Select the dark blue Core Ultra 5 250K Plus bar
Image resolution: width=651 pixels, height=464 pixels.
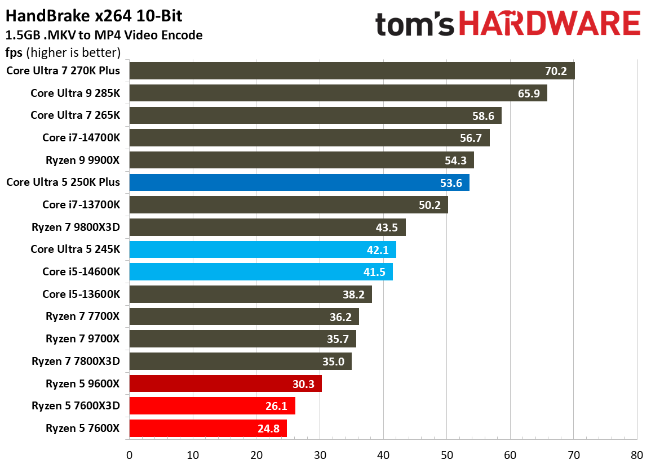click(x=299, y=182)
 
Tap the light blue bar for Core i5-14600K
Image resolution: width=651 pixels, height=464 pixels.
click(x=260, y=271)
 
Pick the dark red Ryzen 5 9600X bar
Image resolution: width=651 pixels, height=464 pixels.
click(x=225, y=383)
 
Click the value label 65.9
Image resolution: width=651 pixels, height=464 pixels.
click(x=529, y=93)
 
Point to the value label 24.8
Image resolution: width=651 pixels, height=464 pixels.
click(x=268, y=429)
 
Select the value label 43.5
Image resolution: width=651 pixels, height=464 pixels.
click(x=387, y=227)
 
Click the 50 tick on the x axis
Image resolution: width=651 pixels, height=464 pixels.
click(x=446, y=454)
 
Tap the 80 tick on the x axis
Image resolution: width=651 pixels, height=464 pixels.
click(x=637, y=454)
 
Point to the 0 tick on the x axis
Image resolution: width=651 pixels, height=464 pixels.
click(x=129, y=454)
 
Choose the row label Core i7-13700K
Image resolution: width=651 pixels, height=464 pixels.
click(x=81, y=204)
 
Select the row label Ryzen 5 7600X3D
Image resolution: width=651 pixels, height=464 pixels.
click(x=76, y=406)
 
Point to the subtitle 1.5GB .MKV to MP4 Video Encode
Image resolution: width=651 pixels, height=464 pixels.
click(x=104, y=35)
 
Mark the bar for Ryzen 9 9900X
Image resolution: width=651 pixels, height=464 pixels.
click(x=301, y=160)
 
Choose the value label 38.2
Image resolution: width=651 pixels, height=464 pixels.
click(x=353, y=295)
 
